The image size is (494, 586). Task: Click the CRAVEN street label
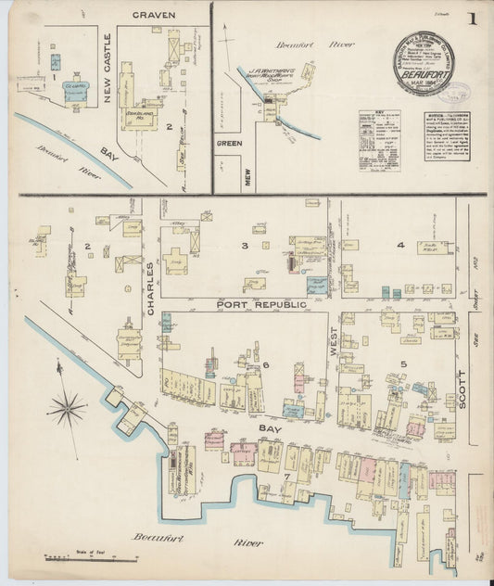click(x=154, y=16)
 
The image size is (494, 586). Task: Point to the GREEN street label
click(x=229, y=144)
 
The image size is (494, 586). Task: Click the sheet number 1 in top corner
click(x=473, y=19)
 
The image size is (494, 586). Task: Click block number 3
click(x=244, y=246)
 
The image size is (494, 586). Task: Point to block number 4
click(x=400, y=245)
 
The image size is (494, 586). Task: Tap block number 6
click(x=264, y=365)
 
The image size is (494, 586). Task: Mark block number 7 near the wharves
click(x=286, y=477)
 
